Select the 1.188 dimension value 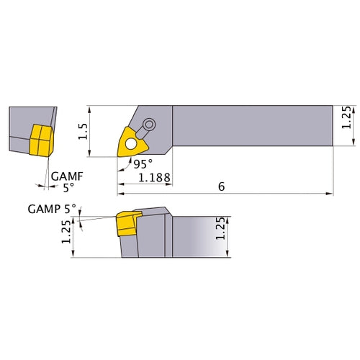(x=153, y=178)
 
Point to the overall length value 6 (x=222, y=186)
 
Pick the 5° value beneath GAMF (x=67, y=186)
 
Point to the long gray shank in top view (x=252, y=127)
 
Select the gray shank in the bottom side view (x=202, y=235)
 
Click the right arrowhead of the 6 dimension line (x=331, y=193)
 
